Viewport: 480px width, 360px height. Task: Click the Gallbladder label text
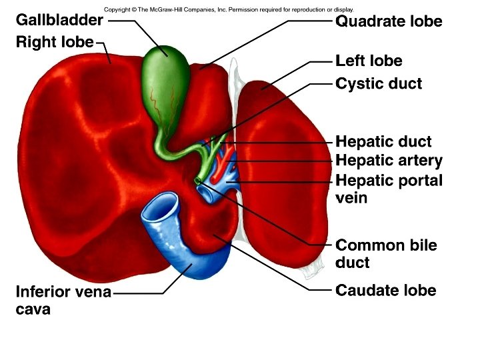pos(59,20)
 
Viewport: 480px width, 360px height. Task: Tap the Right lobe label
pos(54,42)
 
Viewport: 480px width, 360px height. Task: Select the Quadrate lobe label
pos(389,21)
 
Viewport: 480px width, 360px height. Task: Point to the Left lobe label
pos(369,61)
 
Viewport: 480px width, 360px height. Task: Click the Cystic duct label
pos(379,85)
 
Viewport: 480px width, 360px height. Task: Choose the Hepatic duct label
pos(383,142)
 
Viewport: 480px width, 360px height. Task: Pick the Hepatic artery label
pos(389,161)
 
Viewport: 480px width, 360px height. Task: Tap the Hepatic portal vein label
pos(389,189)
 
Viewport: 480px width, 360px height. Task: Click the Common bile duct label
pos(386,253)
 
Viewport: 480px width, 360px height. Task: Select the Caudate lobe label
pos(385,291)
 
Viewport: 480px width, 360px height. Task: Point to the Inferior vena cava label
pos(63,300)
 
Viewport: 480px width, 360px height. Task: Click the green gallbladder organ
pos(161,87)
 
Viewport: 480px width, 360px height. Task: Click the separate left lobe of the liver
pos(283,167)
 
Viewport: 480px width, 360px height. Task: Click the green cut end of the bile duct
pos(197,181)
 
